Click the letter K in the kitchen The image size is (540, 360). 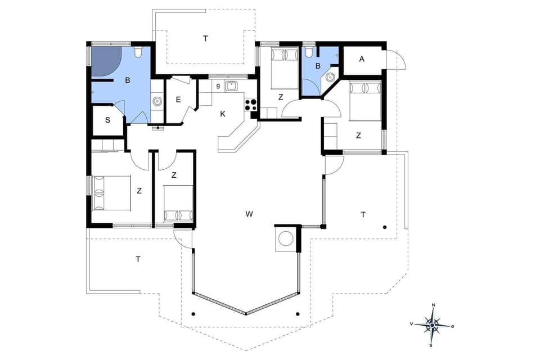point(223,114)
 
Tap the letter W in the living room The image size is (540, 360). point(249,214)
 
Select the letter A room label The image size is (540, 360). point(362,59)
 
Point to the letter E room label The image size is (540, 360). point(178,100)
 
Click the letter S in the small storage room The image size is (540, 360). point(107,121)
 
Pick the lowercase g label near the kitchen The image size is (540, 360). point(218,85)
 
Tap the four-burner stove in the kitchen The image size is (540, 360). point(251,105)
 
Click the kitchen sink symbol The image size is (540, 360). point(231,86)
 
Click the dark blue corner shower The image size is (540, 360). point(105,61)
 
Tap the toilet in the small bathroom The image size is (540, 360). point(308,52)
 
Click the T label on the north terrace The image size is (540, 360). point(205,38)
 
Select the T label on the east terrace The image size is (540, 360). point(363,214)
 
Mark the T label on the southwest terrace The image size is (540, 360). point(138,259)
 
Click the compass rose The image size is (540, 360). point(432,325)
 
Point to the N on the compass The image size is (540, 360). point(433,305)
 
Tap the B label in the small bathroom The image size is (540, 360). point(318,66)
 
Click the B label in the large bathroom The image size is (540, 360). point(128,80)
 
